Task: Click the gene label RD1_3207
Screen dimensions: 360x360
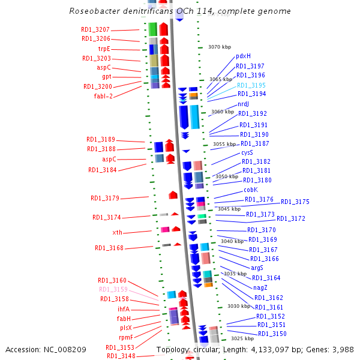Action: tap(95, 29)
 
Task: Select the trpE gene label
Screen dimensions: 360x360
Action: tap(104, 49)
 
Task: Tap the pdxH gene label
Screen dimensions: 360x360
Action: tap(243, 56)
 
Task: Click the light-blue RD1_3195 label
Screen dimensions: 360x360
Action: tap(251, 85)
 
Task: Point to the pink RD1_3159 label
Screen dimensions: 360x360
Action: tap(113, 289)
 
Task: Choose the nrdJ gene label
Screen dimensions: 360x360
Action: tap(243, 104)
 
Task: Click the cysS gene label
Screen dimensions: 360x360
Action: tap(247, 152)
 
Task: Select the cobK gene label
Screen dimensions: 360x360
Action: tap(251, 190)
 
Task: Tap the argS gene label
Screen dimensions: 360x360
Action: tap(257, 268)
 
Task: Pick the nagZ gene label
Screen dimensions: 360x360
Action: tap(260, 287)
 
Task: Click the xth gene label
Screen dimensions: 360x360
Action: tap(117, 232)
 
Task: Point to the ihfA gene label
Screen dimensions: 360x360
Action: tap(124, 309)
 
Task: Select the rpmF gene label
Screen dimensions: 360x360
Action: tap(126, 337)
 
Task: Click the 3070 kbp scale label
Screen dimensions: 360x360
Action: tap(220, 46)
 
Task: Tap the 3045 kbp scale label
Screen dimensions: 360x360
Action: tap(229, 209)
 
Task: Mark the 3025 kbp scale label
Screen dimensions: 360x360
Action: tap(242, 338)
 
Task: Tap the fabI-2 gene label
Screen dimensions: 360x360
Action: tap(103, 96)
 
